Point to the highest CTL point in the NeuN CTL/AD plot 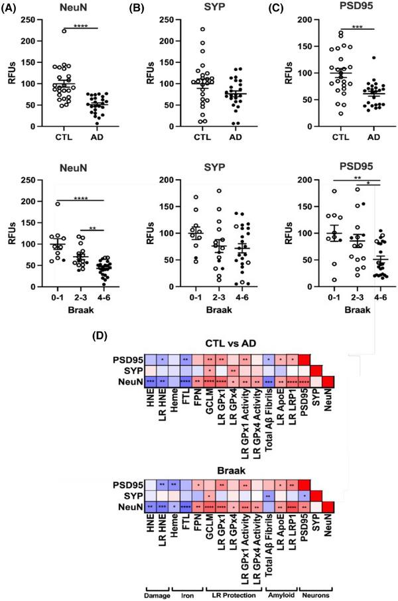point(64,31)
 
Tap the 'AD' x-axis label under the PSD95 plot point(360,139)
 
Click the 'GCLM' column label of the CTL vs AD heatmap point(209,403)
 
